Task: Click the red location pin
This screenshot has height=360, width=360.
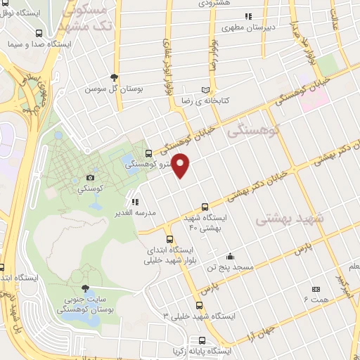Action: click(x=181, y=165)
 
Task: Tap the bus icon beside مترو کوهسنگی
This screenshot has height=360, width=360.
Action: click(x=148, y=153)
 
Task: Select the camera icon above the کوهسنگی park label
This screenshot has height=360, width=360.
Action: click(x=90, y=178)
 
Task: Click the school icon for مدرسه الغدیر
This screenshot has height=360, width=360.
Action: click(x=135, y=201)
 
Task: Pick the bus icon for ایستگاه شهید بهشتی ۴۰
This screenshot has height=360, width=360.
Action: click(x=204, y=207)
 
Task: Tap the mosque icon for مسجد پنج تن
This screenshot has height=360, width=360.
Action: click(x=229, y=256)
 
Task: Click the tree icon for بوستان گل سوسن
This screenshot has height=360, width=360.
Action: click(x=114, y=78)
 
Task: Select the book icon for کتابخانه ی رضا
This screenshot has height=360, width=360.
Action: click(x=205, y=90)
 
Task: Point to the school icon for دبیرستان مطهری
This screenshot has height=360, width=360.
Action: click(x=247, y=16)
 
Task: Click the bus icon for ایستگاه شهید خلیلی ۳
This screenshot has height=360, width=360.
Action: click(x=200, y=305)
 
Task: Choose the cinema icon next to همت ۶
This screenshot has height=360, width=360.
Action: click(x=315, y=288)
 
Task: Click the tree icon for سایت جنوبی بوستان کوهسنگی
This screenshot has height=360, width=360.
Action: click(x=85, y=288)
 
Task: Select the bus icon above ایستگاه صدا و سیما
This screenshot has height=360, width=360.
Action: click(x=38, y=32)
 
